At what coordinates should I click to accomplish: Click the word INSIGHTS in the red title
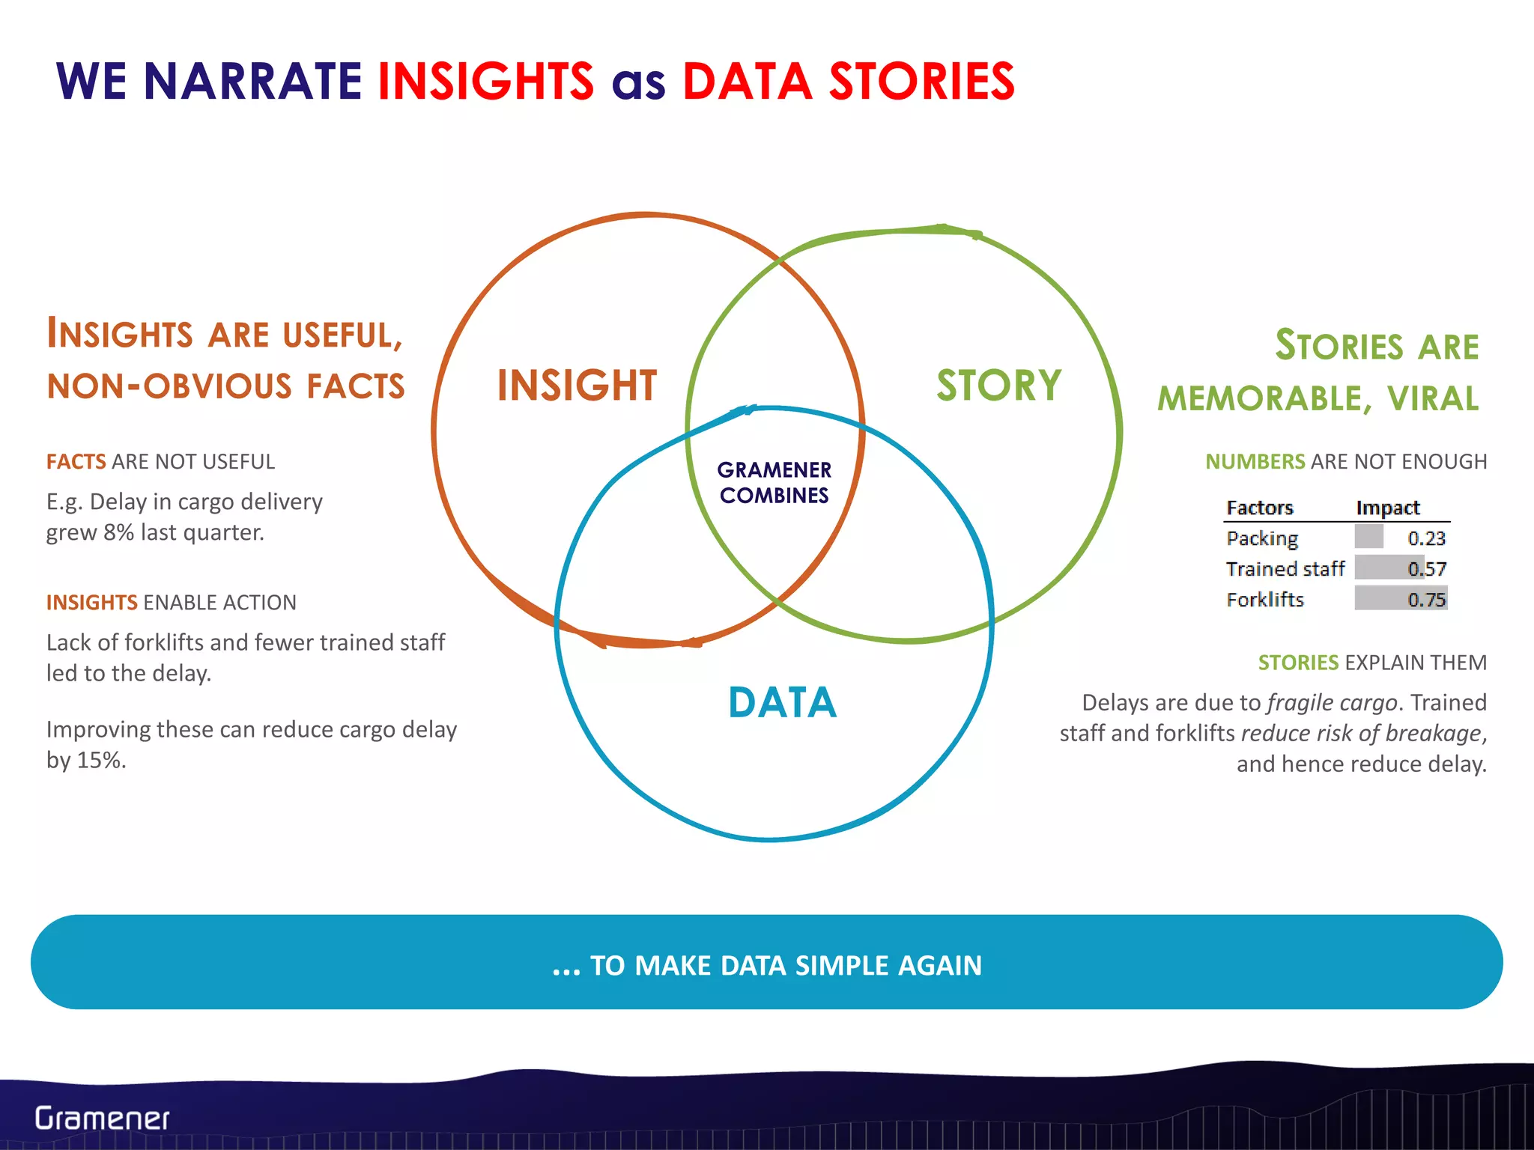[x=485, y=81]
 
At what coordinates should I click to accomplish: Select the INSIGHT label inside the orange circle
[x=577, y=386]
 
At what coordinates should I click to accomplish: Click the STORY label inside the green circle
[x=998, y=386]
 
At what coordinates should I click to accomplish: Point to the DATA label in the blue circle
[x=782, y=703]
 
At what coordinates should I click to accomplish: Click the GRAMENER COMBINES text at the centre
[x=774, y=483]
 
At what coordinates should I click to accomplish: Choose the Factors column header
[x=1260, y=508]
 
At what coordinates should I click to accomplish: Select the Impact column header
[x=1387, y=508]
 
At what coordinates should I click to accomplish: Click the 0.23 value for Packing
[x=1426, y=538]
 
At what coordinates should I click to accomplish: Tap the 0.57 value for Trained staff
[x=1426, y=569]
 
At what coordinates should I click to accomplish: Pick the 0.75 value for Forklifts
[x=1426, y=600]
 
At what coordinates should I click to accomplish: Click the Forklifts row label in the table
[x=1265, y=600]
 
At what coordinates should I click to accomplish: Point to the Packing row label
[x=1262, y=539]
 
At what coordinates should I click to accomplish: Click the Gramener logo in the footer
[x=103, y=1119]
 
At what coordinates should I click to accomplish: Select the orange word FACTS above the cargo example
[x=76, y=462]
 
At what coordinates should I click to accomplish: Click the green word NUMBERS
[x=1255, y=462]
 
